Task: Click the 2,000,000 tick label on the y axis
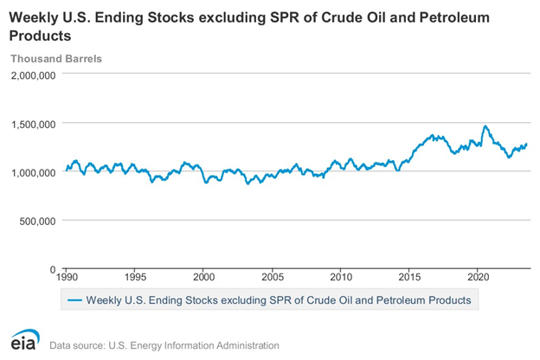click(33, 75)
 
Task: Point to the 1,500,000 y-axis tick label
click(33, 124)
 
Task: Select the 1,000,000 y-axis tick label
click(33, 172)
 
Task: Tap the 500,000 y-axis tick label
click(38, 221)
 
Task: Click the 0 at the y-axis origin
click(54, 269)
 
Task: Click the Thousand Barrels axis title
click(55, 59)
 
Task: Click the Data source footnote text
click(164, 345)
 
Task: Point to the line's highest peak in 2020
click(485, 126)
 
